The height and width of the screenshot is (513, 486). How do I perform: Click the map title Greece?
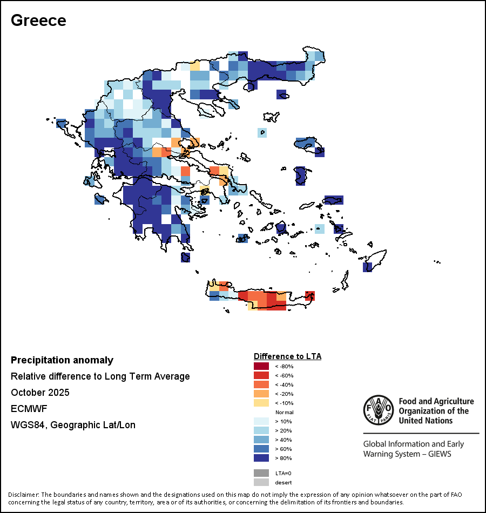38,20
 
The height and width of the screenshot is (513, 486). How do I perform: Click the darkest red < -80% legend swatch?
261,367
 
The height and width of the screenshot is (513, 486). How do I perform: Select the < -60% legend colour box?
261,375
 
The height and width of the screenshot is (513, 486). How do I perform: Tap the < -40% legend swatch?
261,384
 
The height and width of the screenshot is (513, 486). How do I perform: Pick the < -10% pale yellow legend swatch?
261,403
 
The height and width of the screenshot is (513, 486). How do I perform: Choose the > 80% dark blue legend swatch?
261,458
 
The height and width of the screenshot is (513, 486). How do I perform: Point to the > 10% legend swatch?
261,421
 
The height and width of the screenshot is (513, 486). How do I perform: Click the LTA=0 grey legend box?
261,473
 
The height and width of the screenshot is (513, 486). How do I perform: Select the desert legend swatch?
261,482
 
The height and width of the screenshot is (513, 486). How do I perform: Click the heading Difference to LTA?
287,356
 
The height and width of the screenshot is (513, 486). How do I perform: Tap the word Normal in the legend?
284,412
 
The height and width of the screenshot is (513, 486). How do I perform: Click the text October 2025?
40,393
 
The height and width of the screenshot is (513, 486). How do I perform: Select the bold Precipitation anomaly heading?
62,360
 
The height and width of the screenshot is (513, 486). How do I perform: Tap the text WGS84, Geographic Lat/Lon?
73,425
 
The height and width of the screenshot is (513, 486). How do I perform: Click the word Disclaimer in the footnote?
23,495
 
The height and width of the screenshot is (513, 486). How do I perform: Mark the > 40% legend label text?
283,440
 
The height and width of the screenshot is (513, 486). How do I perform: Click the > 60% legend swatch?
261,449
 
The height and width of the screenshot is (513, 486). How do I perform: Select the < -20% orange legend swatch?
261,394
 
